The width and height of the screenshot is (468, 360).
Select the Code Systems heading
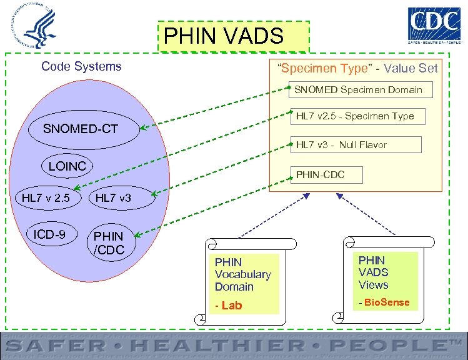81,66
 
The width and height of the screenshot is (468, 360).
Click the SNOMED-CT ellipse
81,129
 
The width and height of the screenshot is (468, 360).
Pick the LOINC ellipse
67,166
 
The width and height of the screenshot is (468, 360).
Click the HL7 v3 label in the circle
113,198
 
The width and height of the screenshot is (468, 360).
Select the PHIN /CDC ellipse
109,243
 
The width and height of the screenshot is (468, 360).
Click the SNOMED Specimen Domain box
358,89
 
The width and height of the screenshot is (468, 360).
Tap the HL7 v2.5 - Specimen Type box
355,116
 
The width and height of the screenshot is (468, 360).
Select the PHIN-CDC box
320,174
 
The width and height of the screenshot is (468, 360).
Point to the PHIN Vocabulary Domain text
242,274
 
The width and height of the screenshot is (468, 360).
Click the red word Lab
231,305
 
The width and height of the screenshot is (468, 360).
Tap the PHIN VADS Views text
374,272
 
